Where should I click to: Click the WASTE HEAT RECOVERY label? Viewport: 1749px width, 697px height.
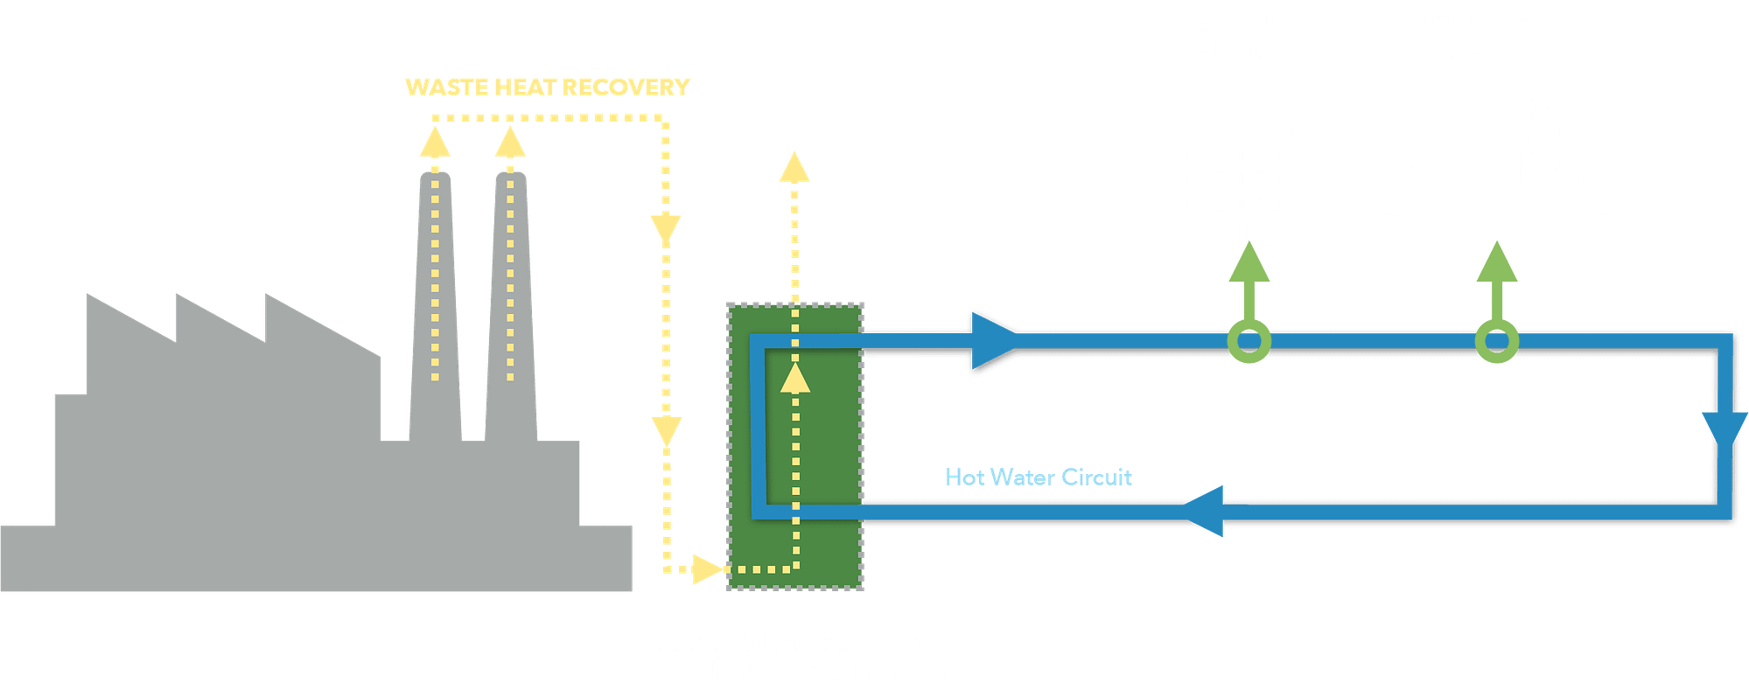547,87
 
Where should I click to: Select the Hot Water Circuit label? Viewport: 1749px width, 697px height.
1038,477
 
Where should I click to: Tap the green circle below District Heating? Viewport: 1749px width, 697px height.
1249,341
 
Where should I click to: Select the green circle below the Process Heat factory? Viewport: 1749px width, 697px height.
1497,341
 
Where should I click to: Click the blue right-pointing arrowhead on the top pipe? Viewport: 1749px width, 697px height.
993,340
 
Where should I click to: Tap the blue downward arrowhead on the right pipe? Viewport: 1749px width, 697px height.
1725,430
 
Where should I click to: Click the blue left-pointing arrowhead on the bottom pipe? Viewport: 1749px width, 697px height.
1206,511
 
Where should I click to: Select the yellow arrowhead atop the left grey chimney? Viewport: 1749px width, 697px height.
435,143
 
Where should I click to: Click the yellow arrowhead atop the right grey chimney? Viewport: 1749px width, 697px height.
510,143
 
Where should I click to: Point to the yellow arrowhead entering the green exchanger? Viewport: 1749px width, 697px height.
707,569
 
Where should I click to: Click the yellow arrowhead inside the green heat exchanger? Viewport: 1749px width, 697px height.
795,379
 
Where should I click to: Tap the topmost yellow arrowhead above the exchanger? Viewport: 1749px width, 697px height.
795,168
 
